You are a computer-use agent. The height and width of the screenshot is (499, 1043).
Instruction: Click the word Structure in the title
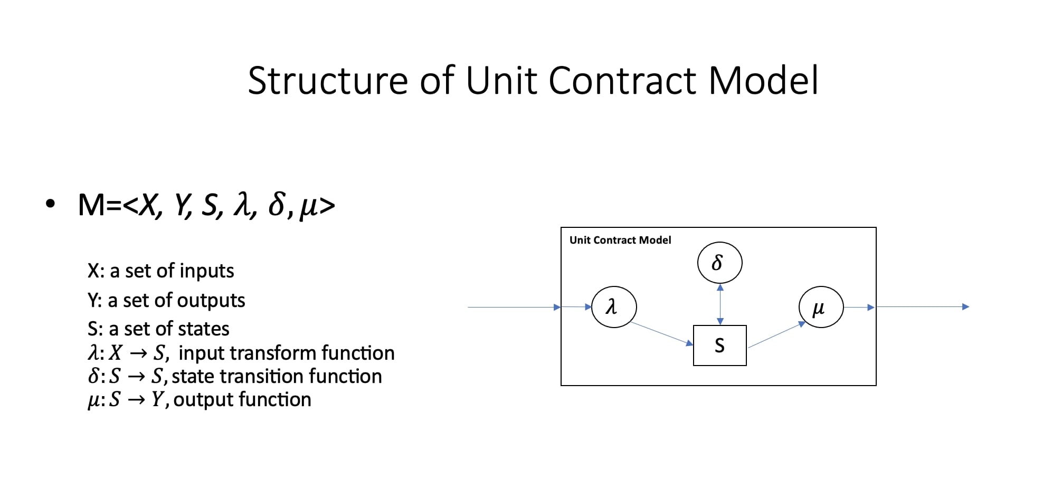click(328, 81)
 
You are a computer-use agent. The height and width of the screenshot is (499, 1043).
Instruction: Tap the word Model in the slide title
click(763, 81)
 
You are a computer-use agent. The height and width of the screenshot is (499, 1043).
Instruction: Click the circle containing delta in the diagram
click(719, 263)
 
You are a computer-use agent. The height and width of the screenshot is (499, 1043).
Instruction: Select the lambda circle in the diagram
click(614, 307)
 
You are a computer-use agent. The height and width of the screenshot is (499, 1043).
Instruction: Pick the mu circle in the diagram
click(821, 307)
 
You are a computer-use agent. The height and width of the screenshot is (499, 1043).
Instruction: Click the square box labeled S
click(719, 346)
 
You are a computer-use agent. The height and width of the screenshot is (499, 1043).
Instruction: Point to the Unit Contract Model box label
click(620, 241)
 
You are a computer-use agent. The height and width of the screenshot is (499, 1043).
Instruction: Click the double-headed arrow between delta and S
click(720, 304)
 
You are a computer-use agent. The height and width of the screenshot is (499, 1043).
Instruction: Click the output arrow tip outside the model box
click(966, 306)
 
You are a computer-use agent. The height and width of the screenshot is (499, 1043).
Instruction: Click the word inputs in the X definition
click(206, 271)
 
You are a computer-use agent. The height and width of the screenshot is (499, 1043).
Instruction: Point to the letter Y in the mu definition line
click(157, 400)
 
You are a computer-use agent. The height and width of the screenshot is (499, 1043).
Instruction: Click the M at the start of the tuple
click(91, 205)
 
